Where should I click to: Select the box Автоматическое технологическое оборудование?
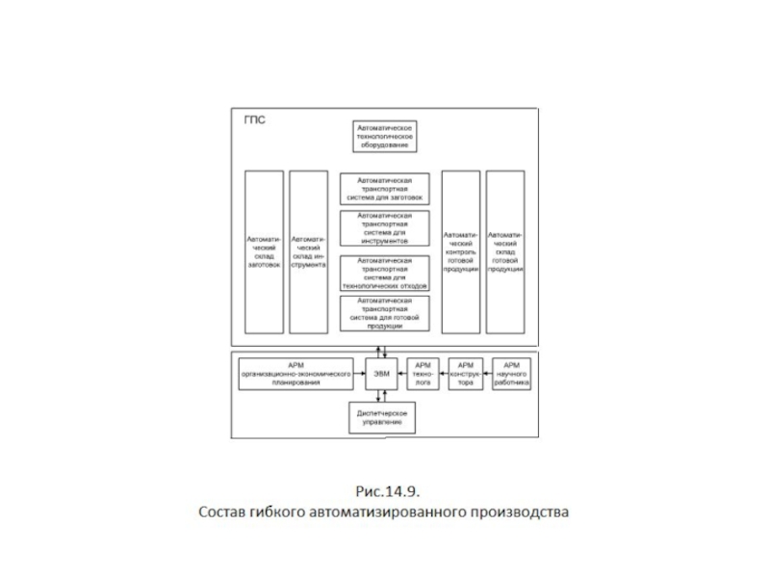tap(384, 138)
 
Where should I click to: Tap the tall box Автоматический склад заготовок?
tap(264, 250)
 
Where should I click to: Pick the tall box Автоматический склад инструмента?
tap(308, 250)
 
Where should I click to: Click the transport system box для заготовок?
tap(384, 188)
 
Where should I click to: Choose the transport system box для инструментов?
tap(384, 228)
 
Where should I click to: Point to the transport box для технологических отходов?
tap(384, 271)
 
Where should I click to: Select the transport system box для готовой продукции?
tap(384, 313)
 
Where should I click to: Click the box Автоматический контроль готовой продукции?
tap(460, 250)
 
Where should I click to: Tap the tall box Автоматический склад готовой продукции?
tap(505, 250)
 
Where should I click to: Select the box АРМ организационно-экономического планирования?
tap(296, 373)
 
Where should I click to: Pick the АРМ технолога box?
tap(422, 373)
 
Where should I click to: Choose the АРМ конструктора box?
tap(466, 373)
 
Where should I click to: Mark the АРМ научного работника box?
tap(511, 373)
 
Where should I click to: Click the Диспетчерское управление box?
tap(382, 417)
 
